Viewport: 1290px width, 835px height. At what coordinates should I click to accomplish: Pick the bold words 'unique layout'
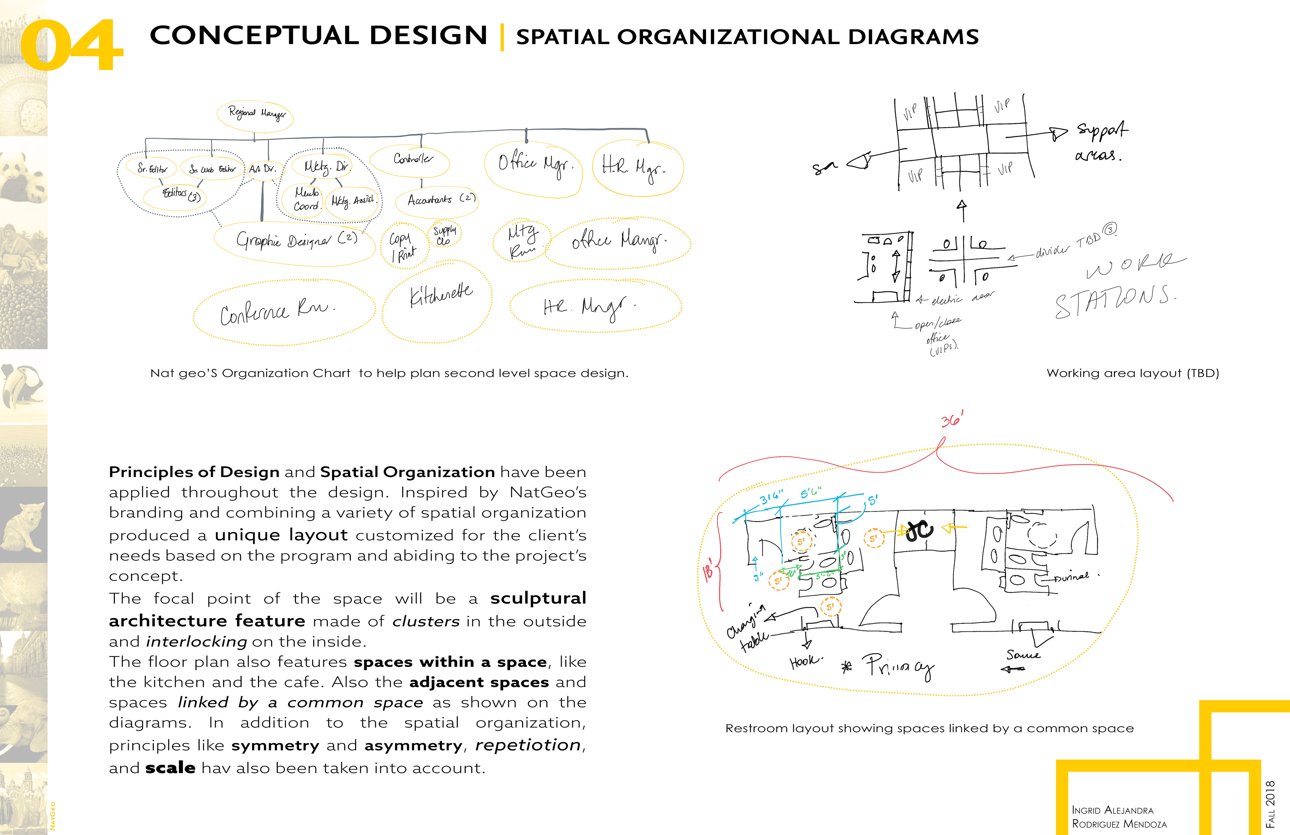coord(281,535)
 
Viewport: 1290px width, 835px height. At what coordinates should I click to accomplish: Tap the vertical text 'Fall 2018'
coord(1270,803)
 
